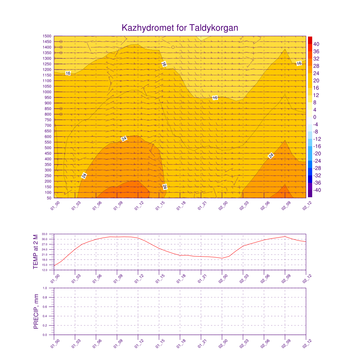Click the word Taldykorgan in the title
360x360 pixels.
[x=214, y=28]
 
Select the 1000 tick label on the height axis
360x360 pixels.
[x=47, y=92]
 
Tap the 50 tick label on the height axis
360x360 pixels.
[x=49, y=198]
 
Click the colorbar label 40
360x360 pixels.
[x=316, y=44]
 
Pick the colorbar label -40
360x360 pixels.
[x=317, y=190]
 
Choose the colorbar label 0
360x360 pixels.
[x=315, y=117]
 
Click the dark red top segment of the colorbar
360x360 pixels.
[x=310, y=40]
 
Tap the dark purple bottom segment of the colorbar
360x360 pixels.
[x=310, y=194]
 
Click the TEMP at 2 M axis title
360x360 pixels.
[x=36, y=252]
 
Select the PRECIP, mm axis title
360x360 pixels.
[x=36, y=311]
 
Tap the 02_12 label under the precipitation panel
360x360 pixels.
[x=307, y=343]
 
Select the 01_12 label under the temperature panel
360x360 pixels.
[x=139, y=278]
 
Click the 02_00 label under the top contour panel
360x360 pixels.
[x=223, y=205]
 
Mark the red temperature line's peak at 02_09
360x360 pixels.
[x=285, y=237]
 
